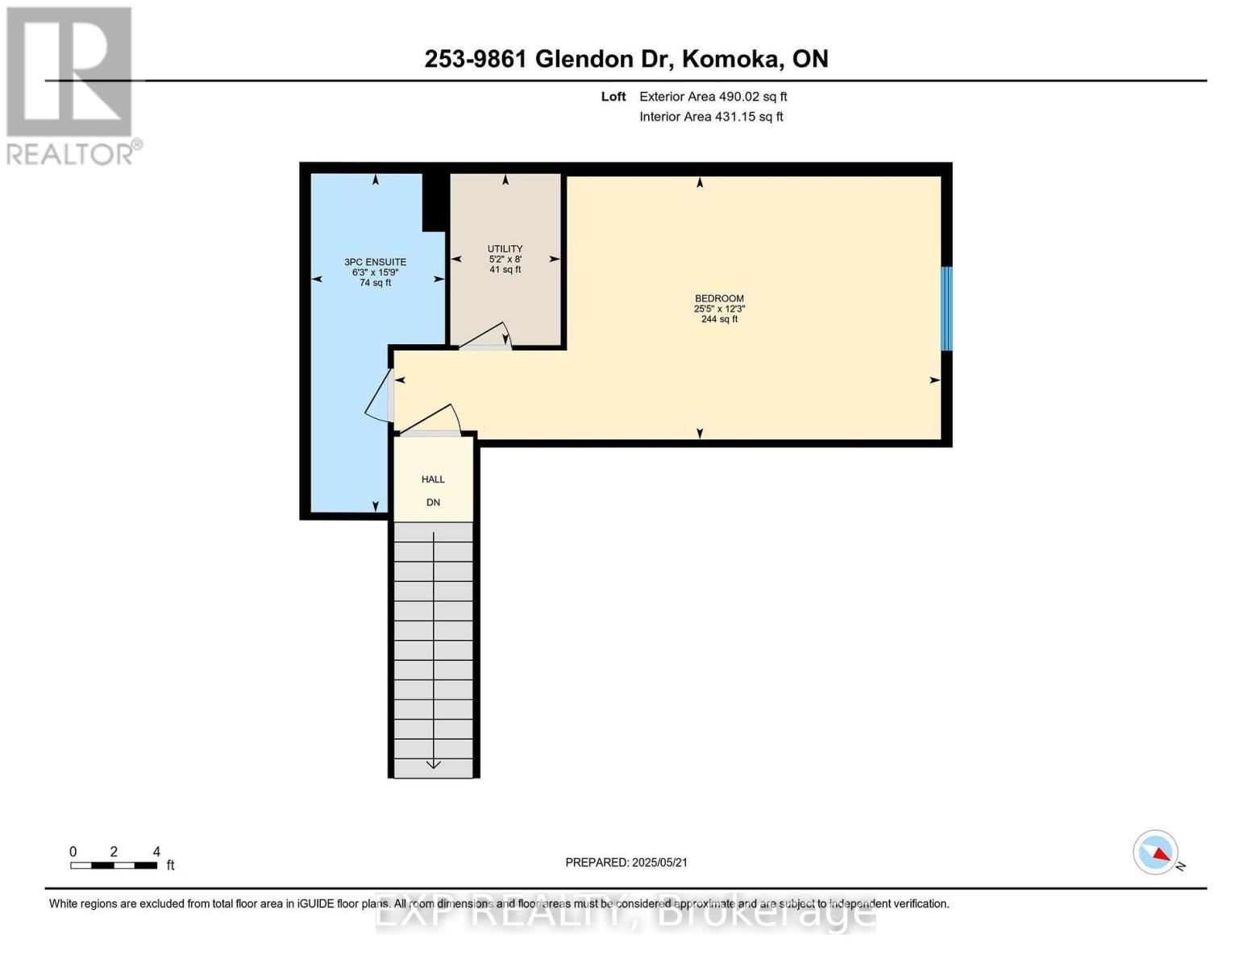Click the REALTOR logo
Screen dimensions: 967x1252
[71, 85]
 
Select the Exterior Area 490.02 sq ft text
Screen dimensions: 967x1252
[713, 97]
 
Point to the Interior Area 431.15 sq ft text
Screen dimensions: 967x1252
[711, 117]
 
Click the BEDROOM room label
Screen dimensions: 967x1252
[719, 299]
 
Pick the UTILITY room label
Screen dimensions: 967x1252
[505, 249]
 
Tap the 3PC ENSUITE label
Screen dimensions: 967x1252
[375, 262]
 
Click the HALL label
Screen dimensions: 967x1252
[433, 479]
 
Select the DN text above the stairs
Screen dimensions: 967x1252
[433, 503]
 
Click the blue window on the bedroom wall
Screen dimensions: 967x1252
[946, 309]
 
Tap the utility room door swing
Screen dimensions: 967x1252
[489, 337]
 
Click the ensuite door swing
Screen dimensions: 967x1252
[378, 396]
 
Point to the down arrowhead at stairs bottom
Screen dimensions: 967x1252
[433, 763]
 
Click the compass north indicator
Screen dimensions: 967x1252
[1157, 853]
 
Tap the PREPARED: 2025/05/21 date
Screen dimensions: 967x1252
[626, 862]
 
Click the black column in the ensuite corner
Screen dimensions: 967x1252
[434, 202]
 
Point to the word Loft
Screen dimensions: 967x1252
[613, 97]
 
